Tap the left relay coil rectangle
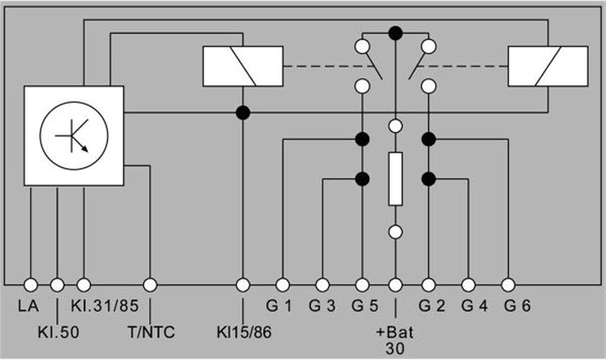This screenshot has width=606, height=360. click(243, 66)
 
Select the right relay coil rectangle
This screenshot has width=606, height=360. click(548, 66)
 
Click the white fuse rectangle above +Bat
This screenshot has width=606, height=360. click(396, 179)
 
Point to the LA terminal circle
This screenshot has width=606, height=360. click(31, 285)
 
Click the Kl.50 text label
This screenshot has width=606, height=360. click(58, 332)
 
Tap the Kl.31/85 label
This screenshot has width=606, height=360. click(105, 306)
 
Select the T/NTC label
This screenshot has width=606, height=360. click(151, 332)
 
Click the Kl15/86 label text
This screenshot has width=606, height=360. click(244, 332)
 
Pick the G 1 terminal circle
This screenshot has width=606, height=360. click(282, 285)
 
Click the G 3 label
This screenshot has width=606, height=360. click(322, 306)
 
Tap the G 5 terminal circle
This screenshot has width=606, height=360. click(362, 285)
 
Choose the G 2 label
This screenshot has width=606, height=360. click(431, 306)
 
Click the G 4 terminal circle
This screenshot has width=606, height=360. click(469, 285)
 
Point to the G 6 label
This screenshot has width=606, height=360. click(517, 306)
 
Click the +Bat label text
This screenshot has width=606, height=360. click(395, 332)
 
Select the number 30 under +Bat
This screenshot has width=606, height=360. click(395, 348)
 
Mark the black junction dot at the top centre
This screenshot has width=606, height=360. click(396, 33)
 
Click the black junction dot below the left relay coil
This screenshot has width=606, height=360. click(243, 113)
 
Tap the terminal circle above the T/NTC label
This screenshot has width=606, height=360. click(150, 285)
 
